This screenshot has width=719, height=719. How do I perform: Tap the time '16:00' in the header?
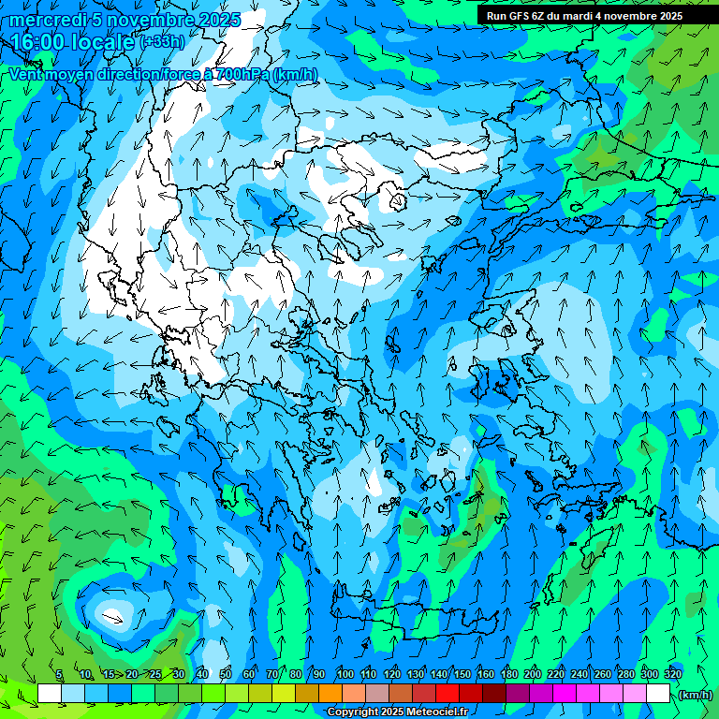(38, 43)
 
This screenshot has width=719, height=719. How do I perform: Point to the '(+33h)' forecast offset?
(161, 42)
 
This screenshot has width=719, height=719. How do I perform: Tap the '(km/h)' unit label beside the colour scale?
(695, 695)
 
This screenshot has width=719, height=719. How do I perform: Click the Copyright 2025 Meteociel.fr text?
(397, 712)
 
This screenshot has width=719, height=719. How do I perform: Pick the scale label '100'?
(345, 675)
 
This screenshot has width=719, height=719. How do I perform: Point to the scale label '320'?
(672, 675)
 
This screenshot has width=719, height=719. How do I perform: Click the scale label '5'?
(59, 675)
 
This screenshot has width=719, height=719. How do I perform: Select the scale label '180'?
(508, 675)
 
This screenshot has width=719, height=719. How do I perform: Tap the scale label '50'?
(226, 675)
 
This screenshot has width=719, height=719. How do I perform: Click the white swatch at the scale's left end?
(50, 694)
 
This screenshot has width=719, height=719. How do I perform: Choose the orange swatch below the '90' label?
(330, 694)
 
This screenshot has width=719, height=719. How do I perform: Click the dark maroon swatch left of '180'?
(494, 694)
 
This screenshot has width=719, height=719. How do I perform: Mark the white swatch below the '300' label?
(658, 694)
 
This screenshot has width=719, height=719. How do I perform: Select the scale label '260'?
(602, 675)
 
